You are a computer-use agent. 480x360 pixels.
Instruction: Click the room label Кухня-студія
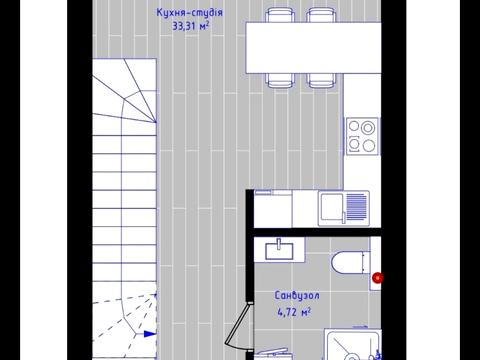(x=190, y=13)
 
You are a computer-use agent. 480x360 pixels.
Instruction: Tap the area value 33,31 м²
(x=191, y=26)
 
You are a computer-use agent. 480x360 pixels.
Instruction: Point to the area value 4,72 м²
(x=294, y=312)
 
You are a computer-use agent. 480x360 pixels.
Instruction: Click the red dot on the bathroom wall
(x=378, y=278)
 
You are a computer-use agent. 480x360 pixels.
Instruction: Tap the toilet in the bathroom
(x=351, y=263)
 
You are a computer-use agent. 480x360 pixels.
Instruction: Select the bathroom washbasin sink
(x=279, y=251)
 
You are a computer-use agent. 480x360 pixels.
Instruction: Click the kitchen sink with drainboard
(x=344, y=208)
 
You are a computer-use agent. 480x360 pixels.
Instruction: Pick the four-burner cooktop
(x=362, y=136)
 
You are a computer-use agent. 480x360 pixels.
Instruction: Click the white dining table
(x=313, y=47)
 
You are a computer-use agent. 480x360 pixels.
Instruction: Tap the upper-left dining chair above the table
(x=280, y=15)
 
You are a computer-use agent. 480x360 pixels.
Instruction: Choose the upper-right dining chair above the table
(x=322, y=15)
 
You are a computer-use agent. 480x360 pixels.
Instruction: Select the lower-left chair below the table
(x=280, y=80)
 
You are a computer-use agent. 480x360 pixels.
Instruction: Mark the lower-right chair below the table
(x=322, y=80)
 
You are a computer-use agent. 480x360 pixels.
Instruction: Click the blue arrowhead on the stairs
(x=150, y=334)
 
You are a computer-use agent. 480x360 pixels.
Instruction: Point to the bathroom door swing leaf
(x=237, y=324)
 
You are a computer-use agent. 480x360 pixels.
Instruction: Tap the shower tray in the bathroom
(x=353, y=345)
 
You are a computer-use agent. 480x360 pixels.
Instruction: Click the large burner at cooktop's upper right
(x=368, y=127)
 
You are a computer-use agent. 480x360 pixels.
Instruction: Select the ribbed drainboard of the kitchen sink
(x=357, y=207)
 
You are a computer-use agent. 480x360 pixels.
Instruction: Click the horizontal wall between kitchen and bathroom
(x=317, y=232)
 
